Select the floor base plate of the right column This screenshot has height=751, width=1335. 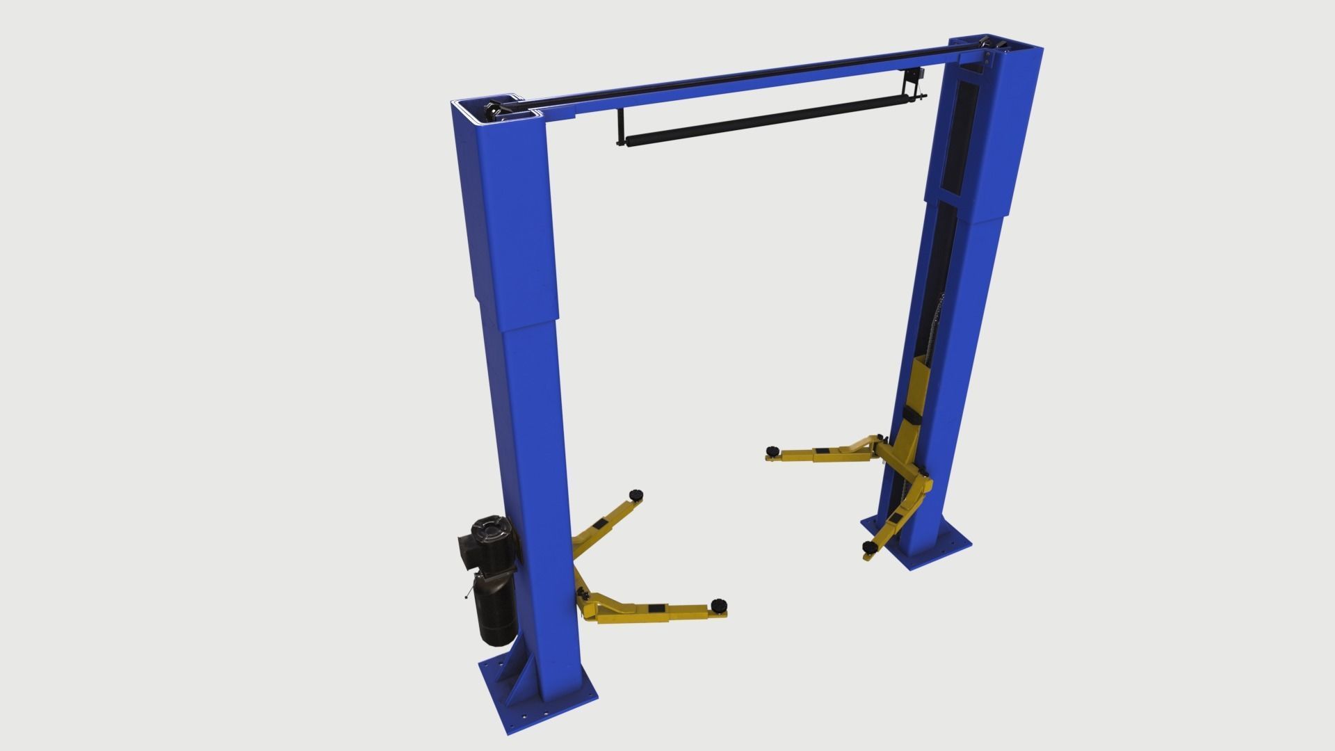(935, 542)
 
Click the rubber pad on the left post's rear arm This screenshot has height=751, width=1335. (635, 494)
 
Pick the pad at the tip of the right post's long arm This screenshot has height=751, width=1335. (771, 453)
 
